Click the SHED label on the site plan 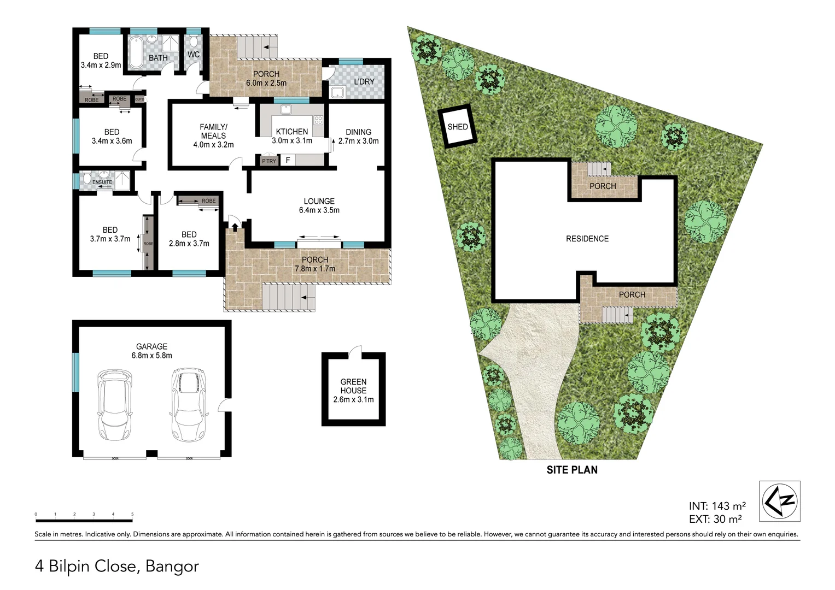[x=458, y=127]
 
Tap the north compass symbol [x=780, y=501]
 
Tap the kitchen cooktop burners [x=318, y=120]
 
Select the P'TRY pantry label [x=268, y=161]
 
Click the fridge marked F [x=288, y=160]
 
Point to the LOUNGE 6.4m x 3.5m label [x=319, y=205]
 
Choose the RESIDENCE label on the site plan [x=587, y=239]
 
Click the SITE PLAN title [x=572, y=470]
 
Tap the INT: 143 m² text [x=717, y=506]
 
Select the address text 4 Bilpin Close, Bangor [x=117, y=566]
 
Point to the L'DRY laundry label [x=364, y=82]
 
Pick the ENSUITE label [x=102, y=182]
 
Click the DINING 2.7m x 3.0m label [x=358, y=136]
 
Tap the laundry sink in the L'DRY [x=337, y=92]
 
